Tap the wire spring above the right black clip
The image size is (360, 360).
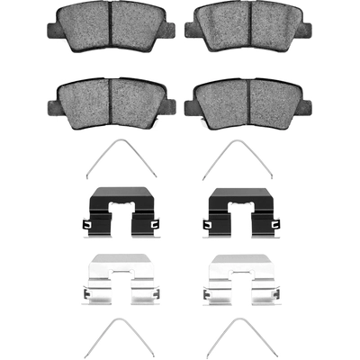tap(237, 160)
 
